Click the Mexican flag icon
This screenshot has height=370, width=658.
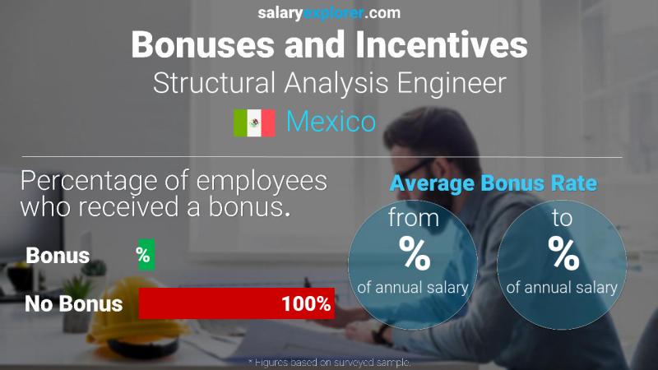[254, 123]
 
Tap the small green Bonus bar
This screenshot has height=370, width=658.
[144, 255]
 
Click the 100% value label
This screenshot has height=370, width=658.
[305, 303]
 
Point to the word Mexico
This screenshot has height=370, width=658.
[331, 123]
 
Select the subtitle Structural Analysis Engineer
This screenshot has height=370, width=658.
[329, 83]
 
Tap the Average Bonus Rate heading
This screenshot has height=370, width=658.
[493, 183]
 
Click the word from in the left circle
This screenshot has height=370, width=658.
[415, 220]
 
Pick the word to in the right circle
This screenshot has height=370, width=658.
[563, 220]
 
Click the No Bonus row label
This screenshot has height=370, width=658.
[73, 303]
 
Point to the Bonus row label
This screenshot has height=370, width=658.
[58, 255]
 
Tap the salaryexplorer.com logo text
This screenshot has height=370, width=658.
[328, 12]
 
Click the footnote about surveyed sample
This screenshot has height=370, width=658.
[328, 362]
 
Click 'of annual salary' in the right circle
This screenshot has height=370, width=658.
[563, 287]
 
